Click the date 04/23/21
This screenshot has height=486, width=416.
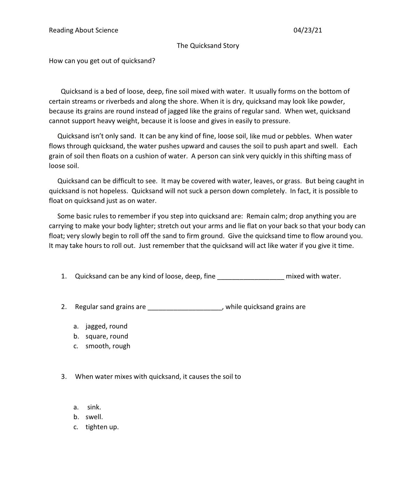pos(308,30)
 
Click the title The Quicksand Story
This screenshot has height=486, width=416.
pos(208,45)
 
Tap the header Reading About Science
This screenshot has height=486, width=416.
pos(83,30)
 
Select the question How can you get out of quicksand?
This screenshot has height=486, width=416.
pos(102,61)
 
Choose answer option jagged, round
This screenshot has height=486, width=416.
pos(106,326)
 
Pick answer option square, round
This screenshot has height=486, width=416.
pos(107,336)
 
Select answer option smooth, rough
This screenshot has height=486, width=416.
pos(108,346)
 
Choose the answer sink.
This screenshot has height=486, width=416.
pos(94,407)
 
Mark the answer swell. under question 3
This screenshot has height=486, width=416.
pos(94,417)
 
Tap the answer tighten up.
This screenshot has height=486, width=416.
pos(102,427)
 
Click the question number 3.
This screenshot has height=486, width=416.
pos(64,377)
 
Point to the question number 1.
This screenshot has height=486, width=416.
pos(64,276)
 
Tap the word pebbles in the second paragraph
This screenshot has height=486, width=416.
pos(298,136)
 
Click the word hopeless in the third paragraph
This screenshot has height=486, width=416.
pos(113,191)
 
